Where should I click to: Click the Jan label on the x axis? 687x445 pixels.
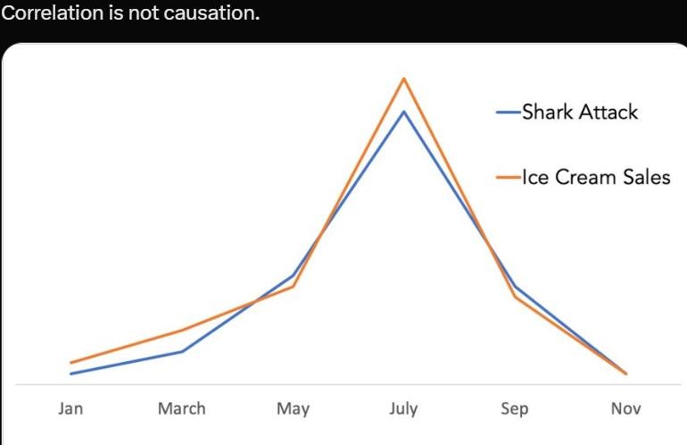click(70, 408)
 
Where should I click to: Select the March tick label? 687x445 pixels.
click(181, 408)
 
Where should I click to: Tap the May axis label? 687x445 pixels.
click(293, 409)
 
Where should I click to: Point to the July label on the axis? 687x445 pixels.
click(403, 409)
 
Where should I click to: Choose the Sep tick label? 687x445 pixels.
click(514, 409)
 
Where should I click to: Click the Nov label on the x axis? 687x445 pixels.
click(625, 408)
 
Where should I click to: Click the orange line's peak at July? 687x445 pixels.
click(404, 79)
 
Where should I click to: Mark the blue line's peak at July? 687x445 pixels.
click(404, 112)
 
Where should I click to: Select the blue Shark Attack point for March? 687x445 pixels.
click(182, 351)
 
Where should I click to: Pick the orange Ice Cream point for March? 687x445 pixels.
click(182, 331)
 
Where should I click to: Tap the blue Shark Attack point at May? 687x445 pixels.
click(293, 275)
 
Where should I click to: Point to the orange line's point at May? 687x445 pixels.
click(293, 286)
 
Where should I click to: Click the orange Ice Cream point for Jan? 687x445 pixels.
click(71, 363)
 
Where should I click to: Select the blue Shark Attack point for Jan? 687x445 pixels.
click(71, 374)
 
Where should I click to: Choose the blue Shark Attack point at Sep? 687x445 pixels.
click(515, 286)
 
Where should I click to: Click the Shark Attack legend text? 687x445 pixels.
click(580, 113)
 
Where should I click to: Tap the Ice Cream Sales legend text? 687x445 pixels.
click(595, 177)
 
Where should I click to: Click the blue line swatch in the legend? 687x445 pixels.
click(509, 113)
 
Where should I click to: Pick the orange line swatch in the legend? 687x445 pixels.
click(509, 177)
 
